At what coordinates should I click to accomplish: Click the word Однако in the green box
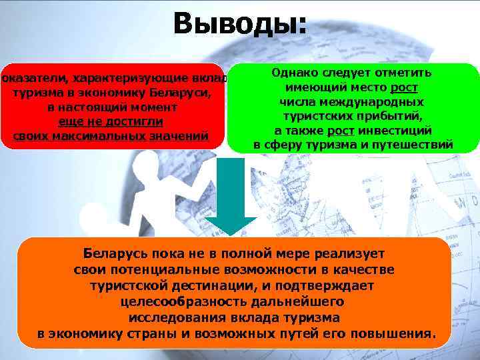point(295,73)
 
